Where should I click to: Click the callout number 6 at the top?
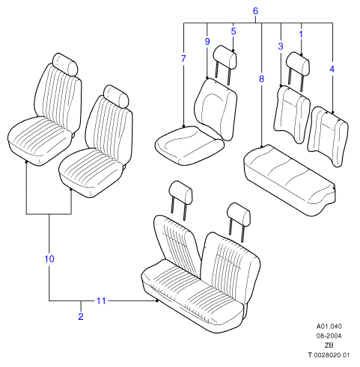255,11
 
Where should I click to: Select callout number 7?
183,59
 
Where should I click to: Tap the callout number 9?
207,42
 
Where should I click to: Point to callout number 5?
234,31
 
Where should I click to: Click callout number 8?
261,79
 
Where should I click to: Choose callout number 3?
281,46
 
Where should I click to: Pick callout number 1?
301,34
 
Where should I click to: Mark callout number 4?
332,69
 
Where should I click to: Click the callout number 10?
49,259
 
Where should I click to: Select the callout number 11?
101,301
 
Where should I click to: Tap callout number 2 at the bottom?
81,317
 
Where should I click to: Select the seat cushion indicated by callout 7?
189,146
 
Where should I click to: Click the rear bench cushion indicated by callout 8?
290,180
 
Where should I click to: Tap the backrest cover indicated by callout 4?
328,136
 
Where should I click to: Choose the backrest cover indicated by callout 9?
216,109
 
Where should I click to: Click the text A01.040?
329,327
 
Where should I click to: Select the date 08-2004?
329,336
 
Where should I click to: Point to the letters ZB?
329,345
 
